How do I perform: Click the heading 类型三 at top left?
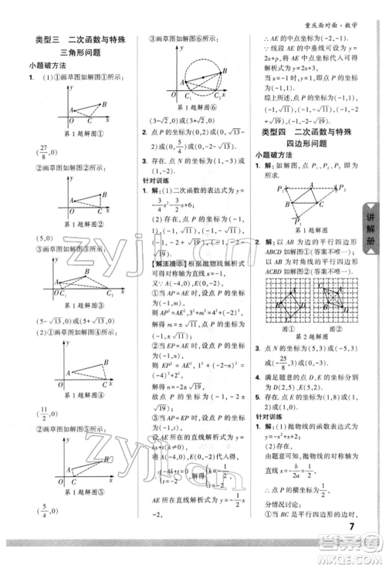49,39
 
